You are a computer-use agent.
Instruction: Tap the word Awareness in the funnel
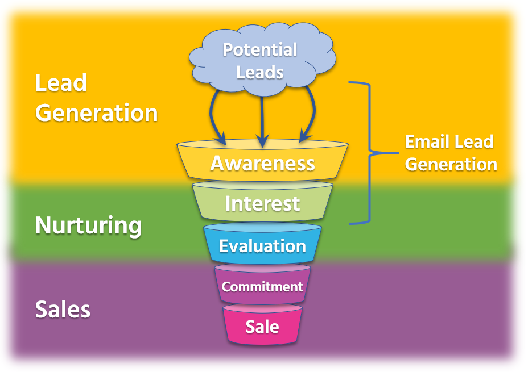(262, 163)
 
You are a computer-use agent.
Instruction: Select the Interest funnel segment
(262, 203)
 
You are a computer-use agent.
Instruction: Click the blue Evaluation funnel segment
(262, 245)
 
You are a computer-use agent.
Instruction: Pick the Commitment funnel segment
(262, 286)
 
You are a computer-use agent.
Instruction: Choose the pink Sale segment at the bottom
(262, 327)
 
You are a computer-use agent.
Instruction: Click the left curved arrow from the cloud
(215, 116)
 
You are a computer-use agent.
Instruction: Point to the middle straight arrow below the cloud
(262, 116)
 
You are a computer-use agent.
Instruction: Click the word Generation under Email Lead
(451, 164)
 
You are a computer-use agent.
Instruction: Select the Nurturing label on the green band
(88, 225)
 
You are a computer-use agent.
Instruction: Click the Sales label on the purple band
(63, 310)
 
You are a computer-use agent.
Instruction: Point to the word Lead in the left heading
(61, 83)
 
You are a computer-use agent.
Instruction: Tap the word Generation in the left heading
(96, 112)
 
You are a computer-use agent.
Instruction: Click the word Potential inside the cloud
(259, 50)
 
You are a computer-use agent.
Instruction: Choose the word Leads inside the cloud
(259, 73)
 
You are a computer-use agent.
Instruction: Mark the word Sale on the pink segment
(262, 327)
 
